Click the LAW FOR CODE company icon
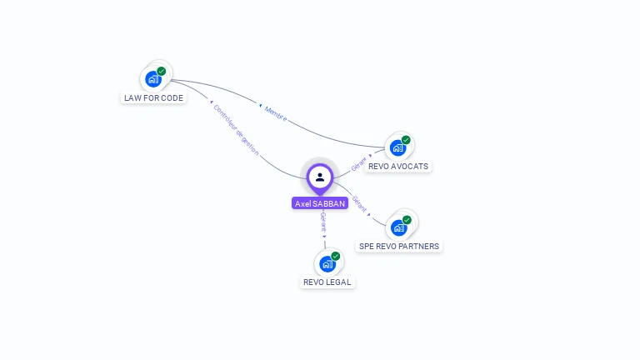(152, 79)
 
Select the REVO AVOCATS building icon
(397, 148)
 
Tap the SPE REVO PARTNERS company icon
(397, 227)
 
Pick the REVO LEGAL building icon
(327, 264)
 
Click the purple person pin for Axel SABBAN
(320, 177)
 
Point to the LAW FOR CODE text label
(154, 97)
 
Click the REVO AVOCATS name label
(398, 166)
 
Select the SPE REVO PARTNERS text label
(398, 246)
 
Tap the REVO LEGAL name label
(327, 282)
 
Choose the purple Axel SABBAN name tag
(320, 203)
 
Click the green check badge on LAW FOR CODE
(162, 72)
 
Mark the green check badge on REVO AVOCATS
(406, 140)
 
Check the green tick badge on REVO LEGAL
(336, 256)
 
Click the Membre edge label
(276, 113)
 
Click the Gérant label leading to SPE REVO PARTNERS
(360, 203)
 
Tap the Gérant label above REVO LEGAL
(323, 222)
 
